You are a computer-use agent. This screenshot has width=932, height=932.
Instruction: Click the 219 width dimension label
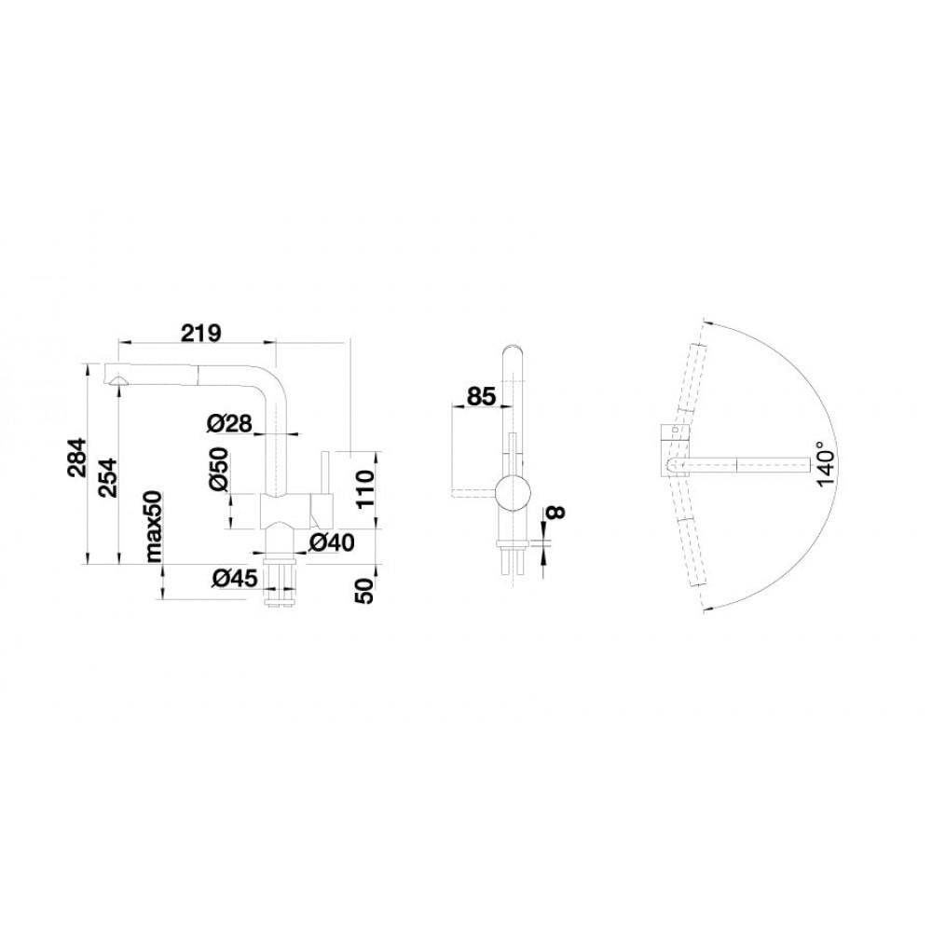[x=201, y=334]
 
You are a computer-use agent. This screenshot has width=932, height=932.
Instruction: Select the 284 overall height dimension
[x=77, y=459]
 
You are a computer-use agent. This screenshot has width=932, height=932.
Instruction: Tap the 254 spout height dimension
[x=107, y=478]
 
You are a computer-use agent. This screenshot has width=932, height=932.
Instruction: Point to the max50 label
[x=154, y=527]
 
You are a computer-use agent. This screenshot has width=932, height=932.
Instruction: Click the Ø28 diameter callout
[x=229, y=423]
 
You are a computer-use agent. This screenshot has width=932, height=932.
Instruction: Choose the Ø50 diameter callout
[x=218, y=469]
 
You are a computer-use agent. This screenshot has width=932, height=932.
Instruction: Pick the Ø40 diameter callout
[x=332, y=541]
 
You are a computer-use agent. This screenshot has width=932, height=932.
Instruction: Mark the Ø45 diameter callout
[x=235, y=578]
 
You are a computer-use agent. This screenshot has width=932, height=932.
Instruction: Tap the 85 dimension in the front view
[x=481, y=396]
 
